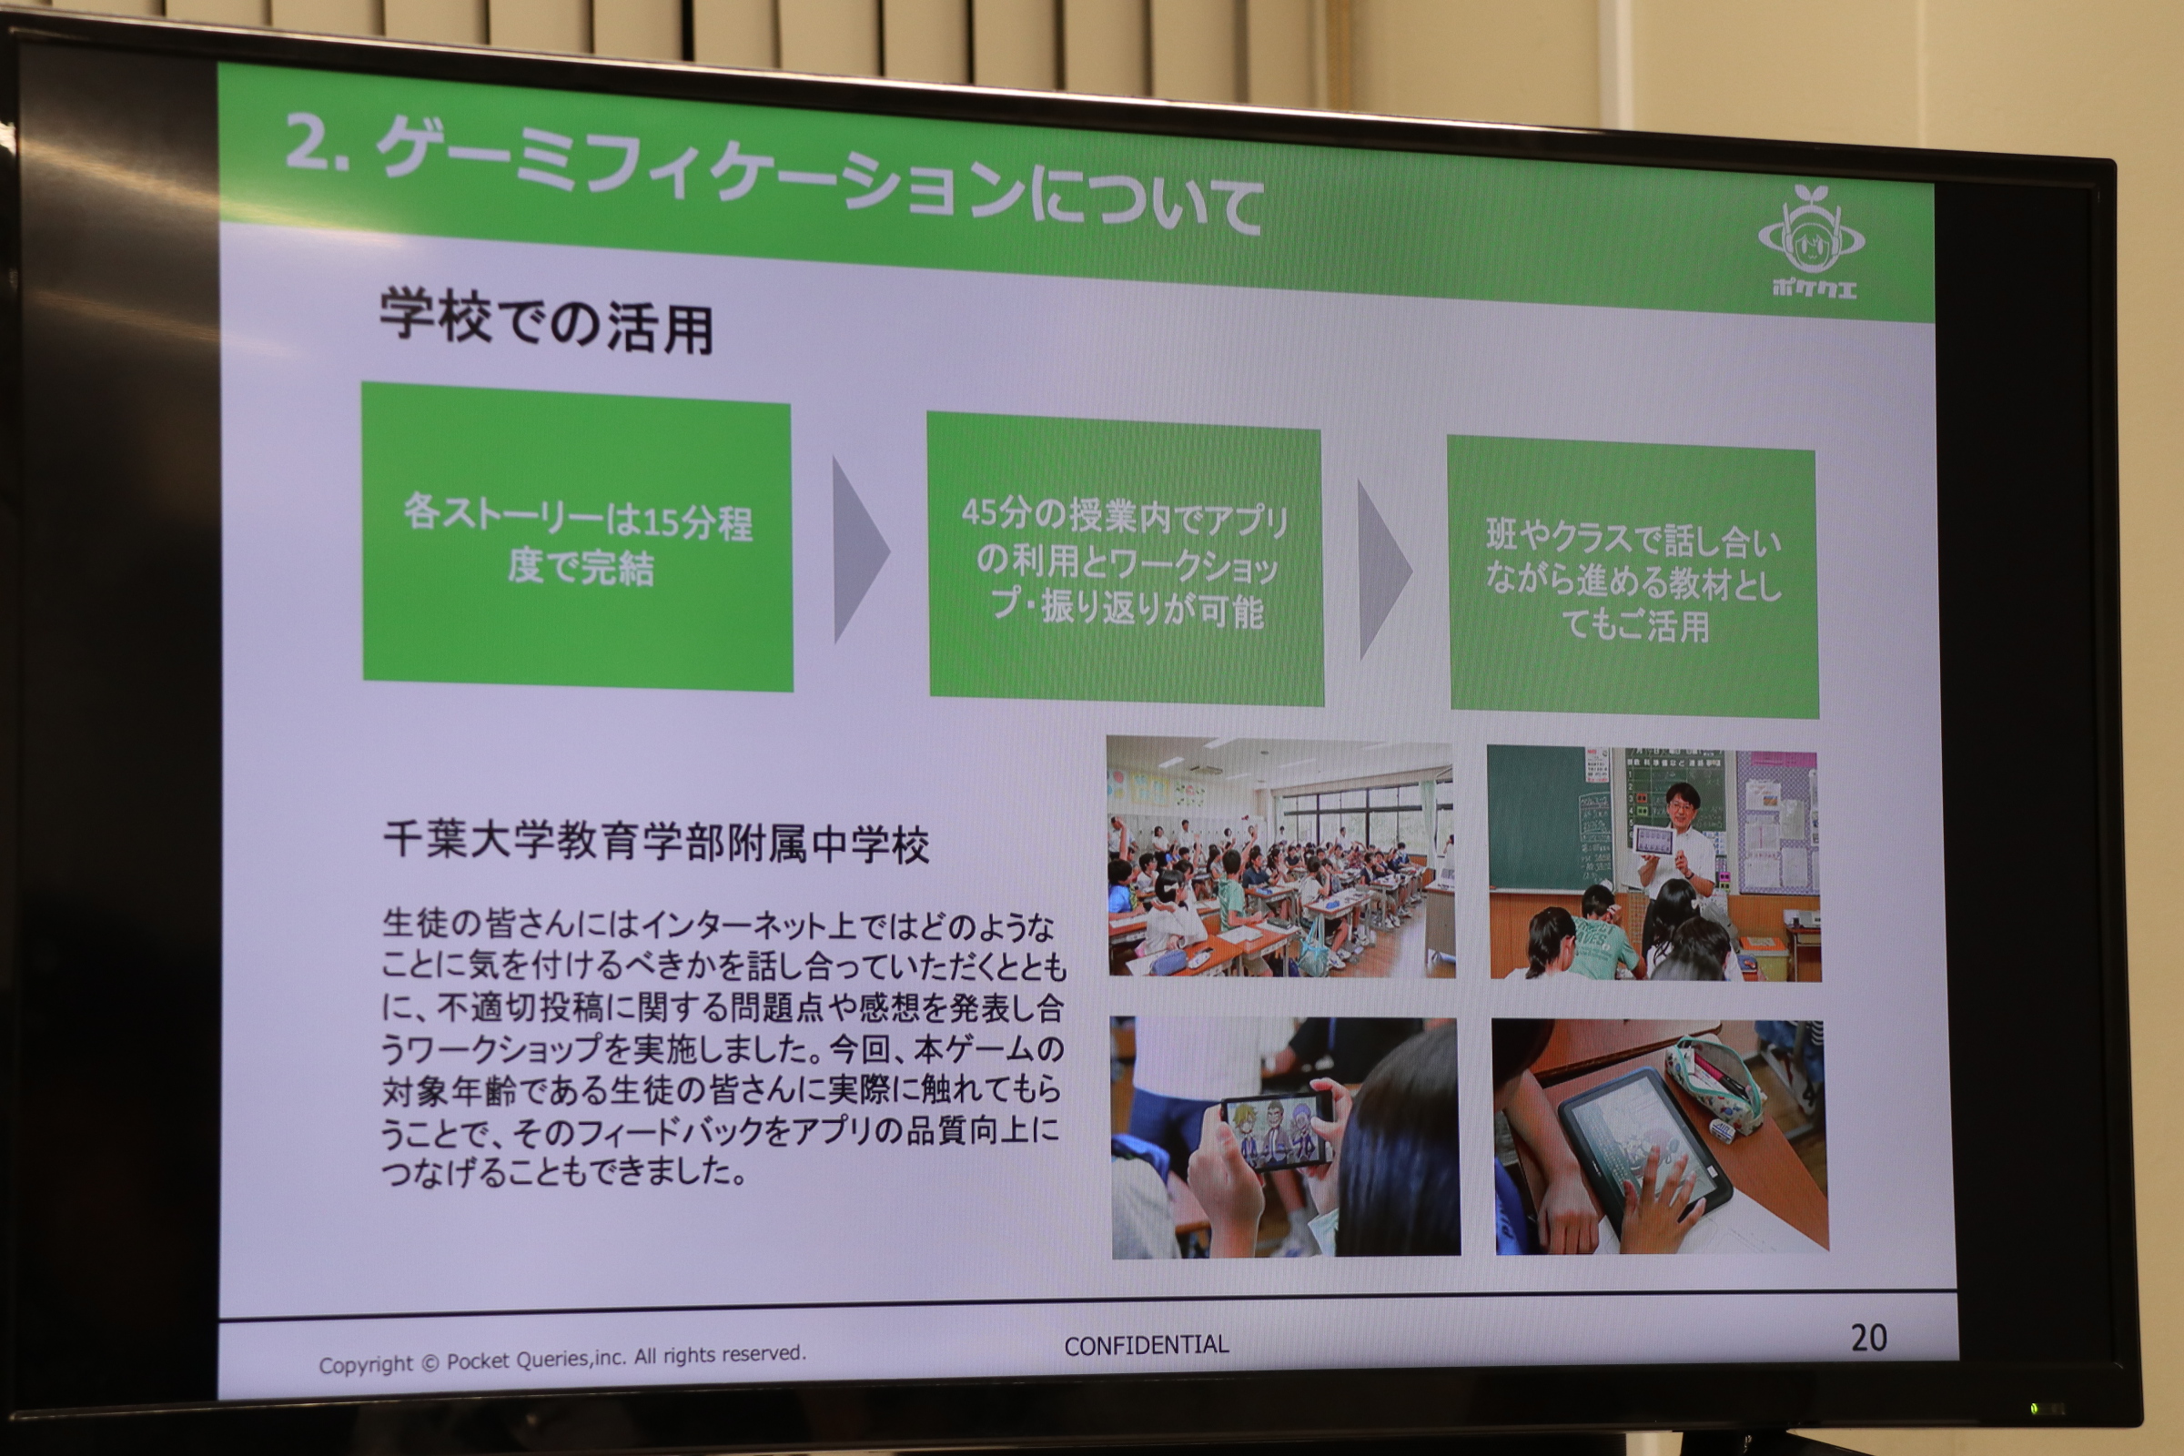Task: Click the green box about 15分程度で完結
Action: pos(577,537)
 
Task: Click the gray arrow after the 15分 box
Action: pos(861,550)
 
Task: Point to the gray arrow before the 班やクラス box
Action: pos(1384,570)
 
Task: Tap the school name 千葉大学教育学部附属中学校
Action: pos(656,844)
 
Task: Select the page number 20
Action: pos(1868,1338)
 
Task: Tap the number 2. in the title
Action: pos(316,144)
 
